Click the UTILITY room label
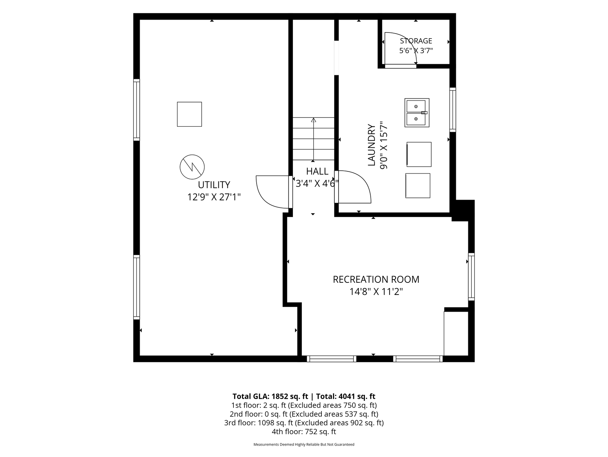(x=214, y=185)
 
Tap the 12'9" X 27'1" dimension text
(x=214, y=197)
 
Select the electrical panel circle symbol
(x=192, y=167)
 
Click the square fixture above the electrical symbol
(x=189, y=114)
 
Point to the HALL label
(x=317, y=171)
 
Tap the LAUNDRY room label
(x=372, y=145)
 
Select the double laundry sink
(x=417, y=112)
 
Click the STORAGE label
(x=416, y=41)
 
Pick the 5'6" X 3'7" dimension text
(x=416, y=51)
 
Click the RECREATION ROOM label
(x=376, y=280)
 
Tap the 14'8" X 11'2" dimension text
(x=376, y=292)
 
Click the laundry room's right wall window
(x=453, y=110)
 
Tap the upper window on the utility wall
(x=136, y=109)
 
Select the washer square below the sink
(x=419, y=154)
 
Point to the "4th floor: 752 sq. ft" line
(x=304, y=432)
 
